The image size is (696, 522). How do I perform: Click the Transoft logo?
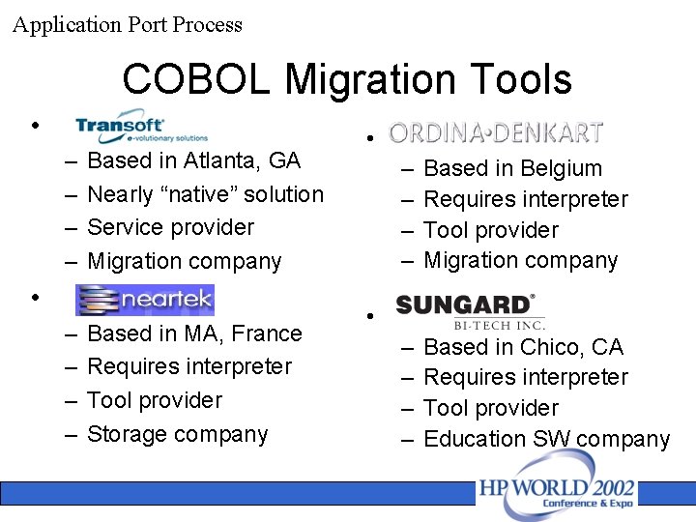(141, 126)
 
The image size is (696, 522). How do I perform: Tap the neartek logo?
(145, 300)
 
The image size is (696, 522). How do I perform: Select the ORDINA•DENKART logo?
(496, 132)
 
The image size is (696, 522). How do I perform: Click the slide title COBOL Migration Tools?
(347, 79)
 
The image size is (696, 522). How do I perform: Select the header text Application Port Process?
(128, 24)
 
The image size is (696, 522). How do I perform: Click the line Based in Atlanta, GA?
(193, 160)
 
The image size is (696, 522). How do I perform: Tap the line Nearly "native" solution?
(205, 194)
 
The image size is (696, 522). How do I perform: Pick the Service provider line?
(170, 227)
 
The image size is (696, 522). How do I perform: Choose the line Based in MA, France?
(194, 333)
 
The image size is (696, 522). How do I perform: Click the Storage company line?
(177, 434)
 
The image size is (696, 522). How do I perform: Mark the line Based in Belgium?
(512, 168)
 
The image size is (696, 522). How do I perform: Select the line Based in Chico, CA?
(523, 347)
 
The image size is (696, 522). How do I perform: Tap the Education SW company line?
(546, 439)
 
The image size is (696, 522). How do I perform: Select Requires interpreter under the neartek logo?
(188, 366)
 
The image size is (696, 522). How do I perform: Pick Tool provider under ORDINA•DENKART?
(491, 230)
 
